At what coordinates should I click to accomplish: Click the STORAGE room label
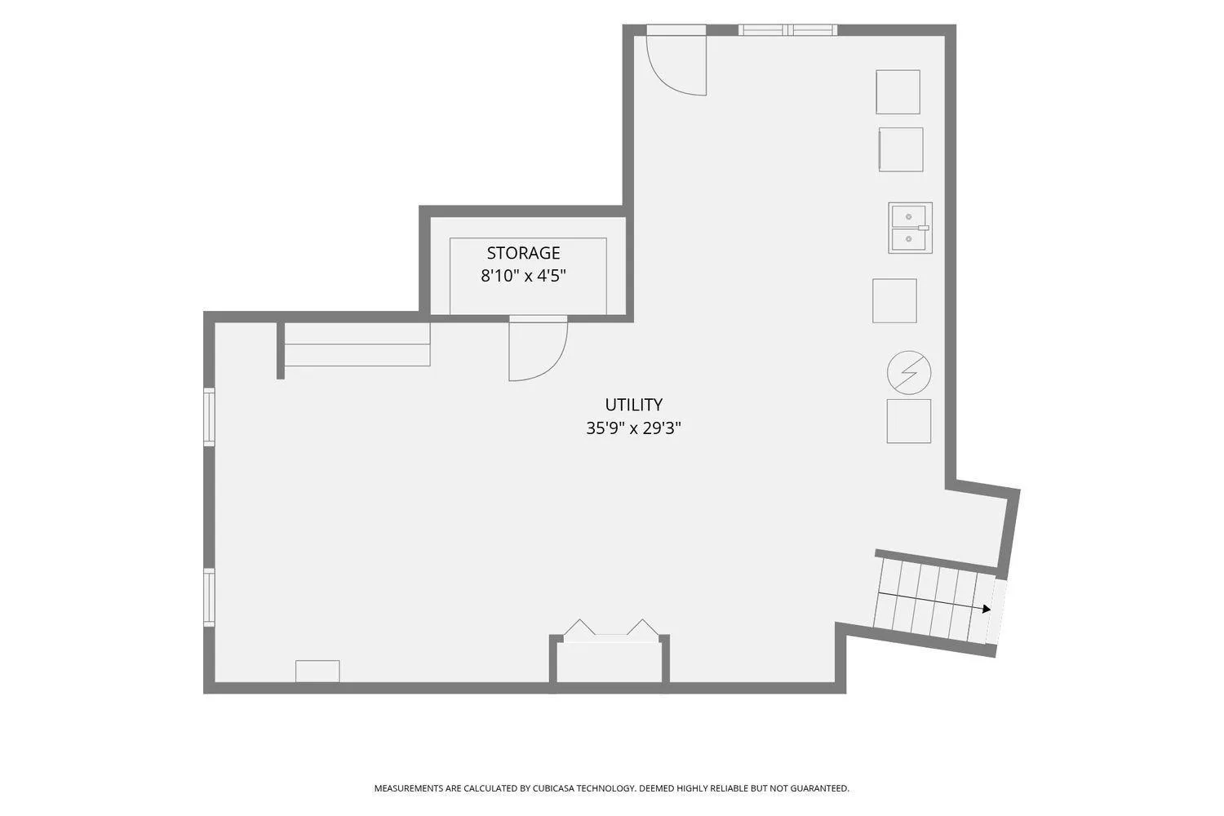point(523,253)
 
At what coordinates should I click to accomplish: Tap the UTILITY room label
point(633,405)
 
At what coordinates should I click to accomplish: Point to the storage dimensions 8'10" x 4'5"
point(523,276)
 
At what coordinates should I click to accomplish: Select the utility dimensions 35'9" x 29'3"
point(633,428)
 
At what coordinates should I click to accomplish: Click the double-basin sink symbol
point(910,228)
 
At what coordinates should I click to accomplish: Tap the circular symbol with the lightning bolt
point(909,373)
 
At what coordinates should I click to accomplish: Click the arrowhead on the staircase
point(987,609)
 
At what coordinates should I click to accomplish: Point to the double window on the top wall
point(788,30)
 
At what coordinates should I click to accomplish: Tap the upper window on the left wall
point(209,417)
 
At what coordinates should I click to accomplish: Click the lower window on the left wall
point(209,597)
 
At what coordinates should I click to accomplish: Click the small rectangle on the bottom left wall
point(317,672)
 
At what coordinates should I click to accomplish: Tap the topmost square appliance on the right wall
point(898,92)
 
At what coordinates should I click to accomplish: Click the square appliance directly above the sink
point(901,150)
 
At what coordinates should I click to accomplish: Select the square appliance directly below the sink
point(894,300)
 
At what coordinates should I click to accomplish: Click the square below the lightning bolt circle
point(909,421)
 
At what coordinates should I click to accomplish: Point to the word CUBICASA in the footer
point(553,788)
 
